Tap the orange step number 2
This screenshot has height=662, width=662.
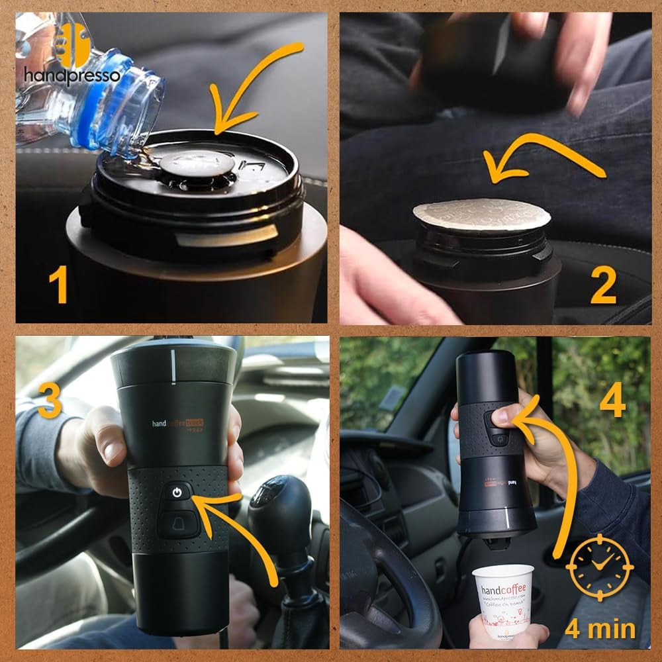pos(603,286)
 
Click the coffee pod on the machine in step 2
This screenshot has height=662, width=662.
pos(482,214)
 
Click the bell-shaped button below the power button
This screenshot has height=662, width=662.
pos(177,522)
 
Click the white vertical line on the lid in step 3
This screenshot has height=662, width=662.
pos(173,366)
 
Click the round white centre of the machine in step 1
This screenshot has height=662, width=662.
pos(197,162)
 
